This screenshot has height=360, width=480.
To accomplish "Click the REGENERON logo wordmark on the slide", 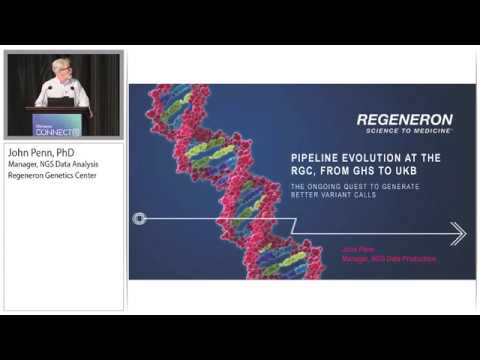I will pos(405,120).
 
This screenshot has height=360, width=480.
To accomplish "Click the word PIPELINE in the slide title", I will pos(321,158).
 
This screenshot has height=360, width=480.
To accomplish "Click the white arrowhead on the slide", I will pos(458,233).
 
